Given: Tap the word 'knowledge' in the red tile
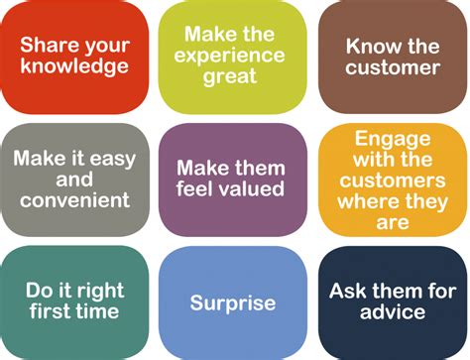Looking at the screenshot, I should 74,67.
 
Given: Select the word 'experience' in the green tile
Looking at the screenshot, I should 232,54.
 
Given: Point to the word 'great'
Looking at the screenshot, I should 232,76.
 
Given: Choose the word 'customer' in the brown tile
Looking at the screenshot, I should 393,67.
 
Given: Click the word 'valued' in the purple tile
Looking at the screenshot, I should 256,188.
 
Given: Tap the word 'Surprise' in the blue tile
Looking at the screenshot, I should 232,302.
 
